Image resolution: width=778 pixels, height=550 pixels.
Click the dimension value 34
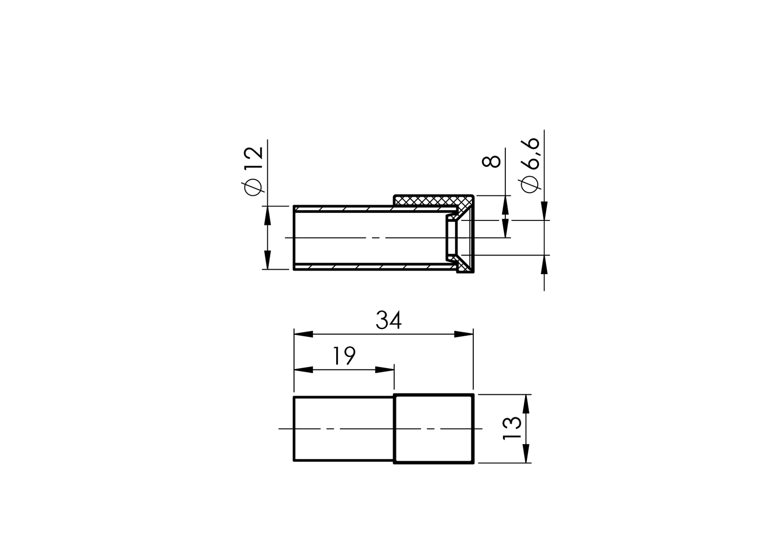click(388, 320)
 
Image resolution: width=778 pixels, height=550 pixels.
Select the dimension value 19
click(344, 356)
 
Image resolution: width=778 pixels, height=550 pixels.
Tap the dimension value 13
click(512, 428)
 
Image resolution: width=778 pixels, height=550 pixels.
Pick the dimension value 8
click(491, 161)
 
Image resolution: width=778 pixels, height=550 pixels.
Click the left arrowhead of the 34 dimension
click(303, 334)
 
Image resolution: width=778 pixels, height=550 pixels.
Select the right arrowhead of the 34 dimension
click(464, 334)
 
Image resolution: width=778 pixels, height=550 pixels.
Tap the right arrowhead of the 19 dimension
click(384, 370)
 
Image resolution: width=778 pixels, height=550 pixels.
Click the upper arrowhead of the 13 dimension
click(526, 404)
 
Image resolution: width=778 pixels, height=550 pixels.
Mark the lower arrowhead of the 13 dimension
click(526, 453)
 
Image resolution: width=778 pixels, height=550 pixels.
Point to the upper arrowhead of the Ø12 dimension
click(267, 216)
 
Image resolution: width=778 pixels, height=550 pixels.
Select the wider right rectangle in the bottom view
click(433, 428)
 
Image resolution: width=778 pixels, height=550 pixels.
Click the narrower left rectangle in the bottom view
click(344, 428)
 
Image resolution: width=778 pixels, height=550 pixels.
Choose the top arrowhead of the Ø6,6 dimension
click(544, 211)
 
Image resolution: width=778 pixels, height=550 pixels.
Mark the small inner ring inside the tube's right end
click(451, 237)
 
